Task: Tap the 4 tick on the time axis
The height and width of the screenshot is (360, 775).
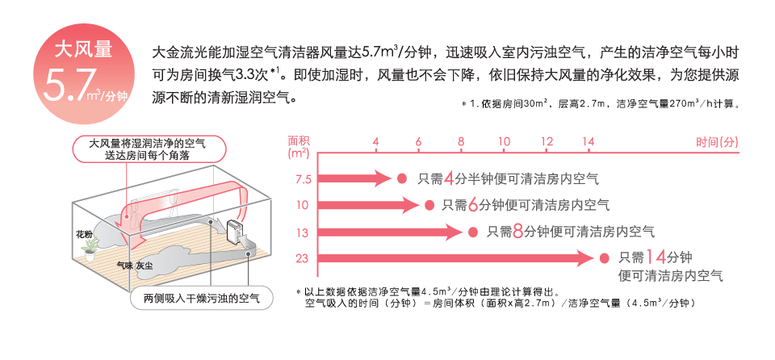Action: [x=375, y=142]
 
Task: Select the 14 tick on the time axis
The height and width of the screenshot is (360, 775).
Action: [x=588, y=142]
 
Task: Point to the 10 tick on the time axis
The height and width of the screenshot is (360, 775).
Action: [x=504, y=142]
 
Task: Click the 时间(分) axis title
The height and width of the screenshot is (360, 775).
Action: [x=717, y=142]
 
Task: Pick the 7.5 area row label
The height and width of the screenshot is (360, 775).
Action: [x=302, y=178]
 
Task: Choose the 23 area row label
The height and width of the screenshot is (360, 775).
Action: [x=302, y=258]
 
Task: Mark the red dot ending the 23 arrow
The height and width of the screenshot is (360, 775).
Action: [x=604, y=258]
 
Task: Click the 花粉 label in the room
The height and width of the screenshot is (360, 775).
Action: [x=84, y=234]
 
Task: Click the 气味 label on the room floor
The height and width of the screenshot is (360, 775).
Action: [x=125, y=264]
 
